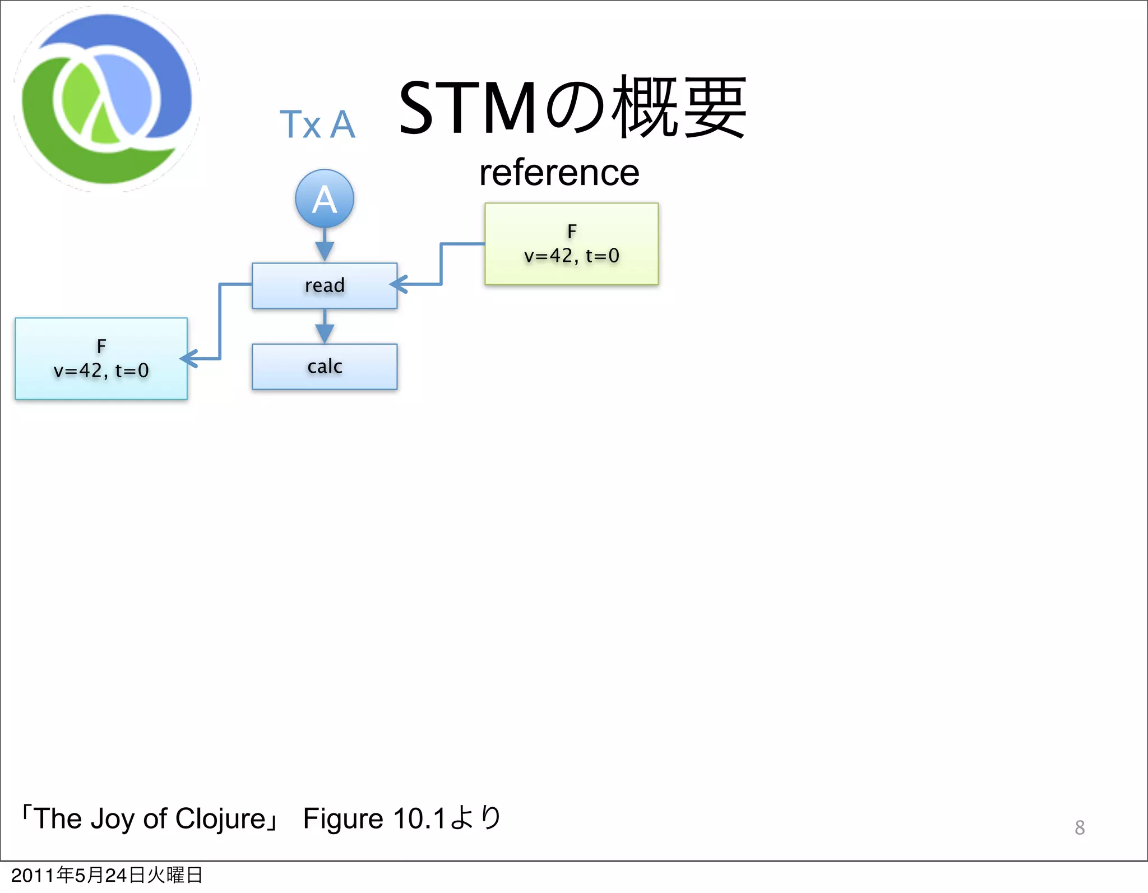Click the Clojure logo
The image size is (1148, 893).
[107, 99]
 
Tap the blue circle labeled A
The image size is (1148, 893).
[325, 198]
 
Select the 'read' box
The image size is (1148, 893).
[325, 285]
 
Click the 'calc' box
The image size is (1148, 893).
[325, 367]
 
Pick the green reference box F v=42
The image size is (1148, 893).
[571, 244]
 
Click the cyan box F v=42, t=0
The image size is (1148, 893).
[101, 359]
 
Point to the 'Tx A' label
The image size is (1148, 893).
[317, 124]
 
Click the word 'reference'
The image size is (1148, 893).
[559, 173]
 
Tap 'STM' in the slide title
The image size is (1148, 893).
[467, 108]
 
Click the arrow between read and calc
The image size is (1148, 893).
[325, 327]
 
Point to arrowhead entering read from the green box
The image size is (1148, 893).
[399, 284]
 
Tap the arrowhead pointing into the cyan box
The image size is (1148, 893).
[189, 358]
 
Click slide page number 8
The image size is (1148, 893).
[1080, 827]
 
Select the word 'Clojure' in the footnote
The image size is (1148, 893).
[220, 818]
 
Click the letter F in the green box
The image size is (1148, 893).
[572, 231]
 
